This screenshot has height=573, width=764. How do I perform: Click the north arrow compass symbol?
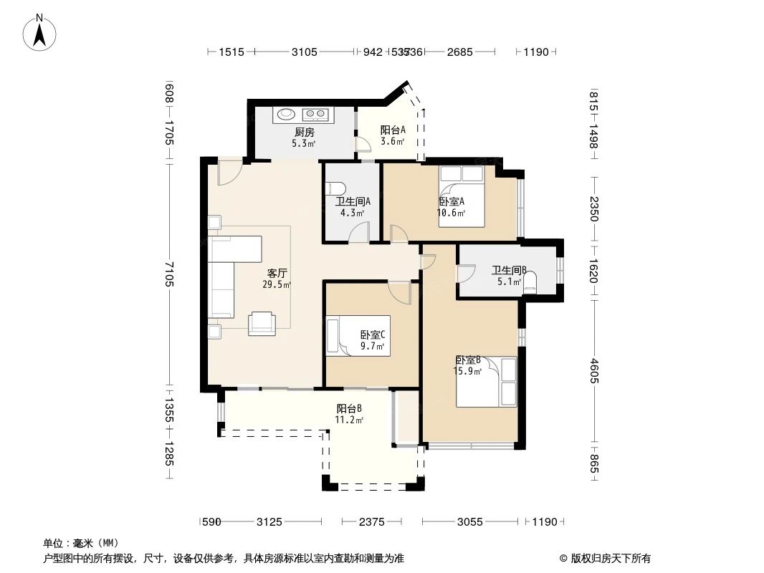(x=40, y=32)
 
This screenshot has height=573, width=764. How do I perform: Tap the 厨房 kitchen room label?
(x=304, y=132)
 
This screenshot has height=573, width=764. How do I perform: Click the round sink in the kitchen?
(x=287, y=113)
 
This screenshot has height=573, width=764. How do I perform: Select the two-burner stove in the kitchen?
(x=315, y=113)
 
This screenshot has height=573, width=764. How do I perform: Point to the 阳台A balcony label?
(x=393, y=130)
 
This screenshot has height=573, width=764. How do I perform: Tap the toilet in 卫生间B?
(x=530, y=282)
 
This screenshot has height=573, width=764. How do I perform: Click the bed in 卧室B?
(x=487, y=382)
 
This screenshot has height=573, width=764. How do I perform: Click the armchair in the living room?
(x=262, y=323)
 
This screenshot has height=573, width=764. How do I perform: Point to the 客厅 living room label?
(x=277, y=273)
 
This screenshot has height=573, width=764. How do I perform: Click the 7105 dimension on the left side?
(x=168, y=274)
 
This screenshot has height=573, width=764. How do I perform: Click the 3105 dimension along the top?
(x=304, y=52)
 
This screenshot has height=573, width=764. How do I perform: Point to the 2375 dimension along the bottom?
(x=373, y=522)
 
